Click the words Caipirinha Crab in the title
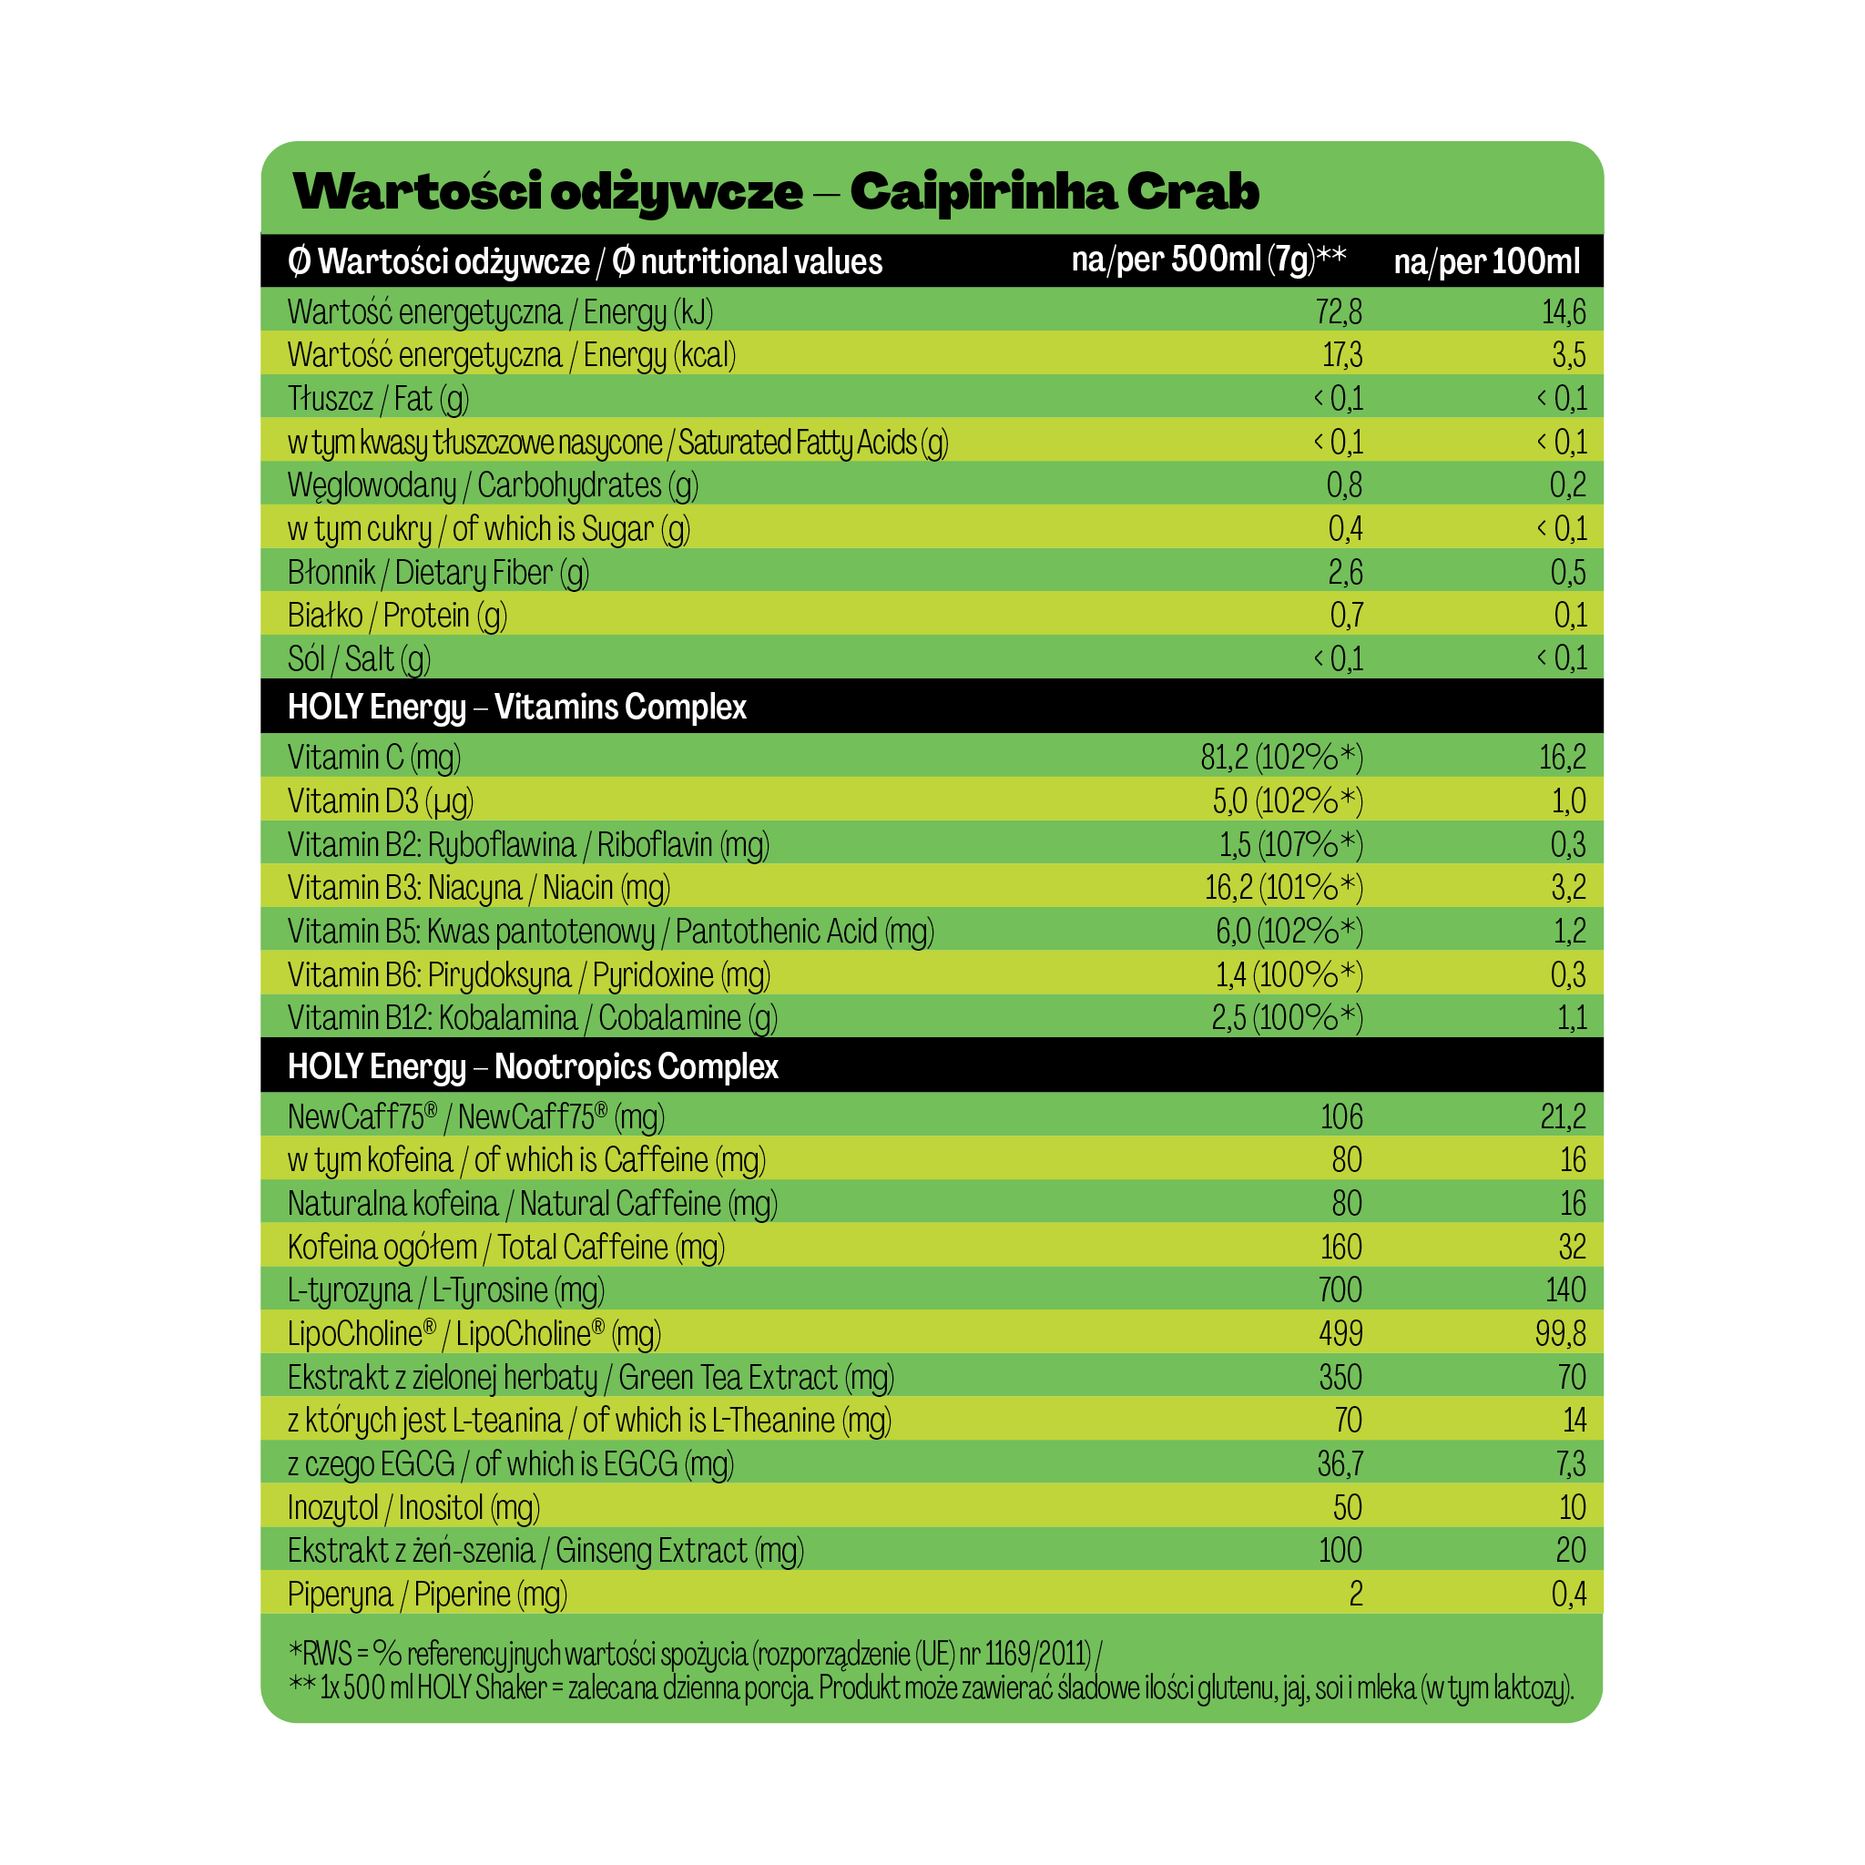pos(1055,192)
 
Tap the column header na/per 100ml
pos(1486,261)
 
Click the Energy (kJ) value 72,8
pos(1338,311)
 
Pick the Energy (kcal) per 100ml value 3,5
pos(1569,355)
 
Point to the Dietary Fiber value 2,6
pos(1345,573)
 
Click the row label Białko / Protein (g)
pos(397,616)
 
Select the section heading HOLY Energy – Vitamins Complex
pos(516,707)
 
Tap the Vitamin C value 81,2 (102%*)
pos(1281,758)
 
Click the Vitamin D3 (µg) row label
pos(381,801)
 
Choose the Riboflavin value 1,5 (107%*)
pos(1289,845)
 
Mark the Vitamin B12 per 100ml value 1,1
pos(1572,1017)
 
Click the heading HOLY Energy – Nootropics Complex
pos(533,1066)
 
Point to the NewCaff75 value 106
pos(1340,1116)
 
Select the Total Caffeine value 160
pos(1340,1248)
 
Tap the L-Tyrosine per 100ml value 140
pos(1564,1289)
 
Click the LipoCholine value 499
pos(1340,1333)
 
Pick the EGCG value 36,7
pos(1340,1463)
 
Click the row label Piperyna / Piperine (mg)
pos(427,1594)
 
